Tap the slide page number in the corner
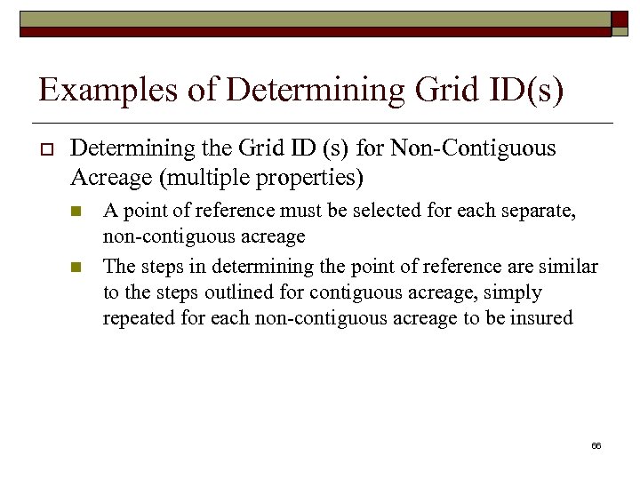(x=596, y=444)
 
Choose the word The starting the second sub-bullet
(x=118, y=266)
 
